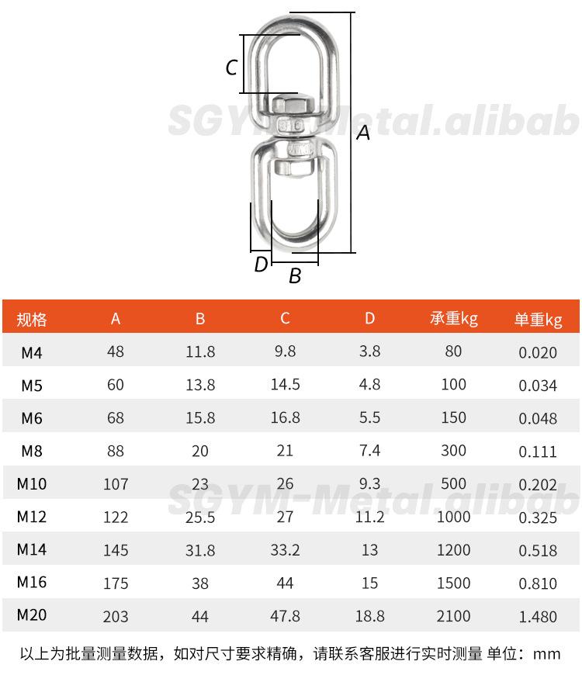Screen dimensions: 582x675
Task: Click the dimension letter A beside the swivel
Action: [x=363, y=133]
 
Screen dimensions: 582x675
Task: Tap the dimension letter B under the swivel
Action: [x=295, y=275]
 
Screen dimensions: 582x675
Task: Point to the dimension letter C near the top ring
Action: [x=231, y=67]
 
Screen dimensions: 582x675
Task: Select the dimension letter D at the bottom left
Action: [x=262, y=265]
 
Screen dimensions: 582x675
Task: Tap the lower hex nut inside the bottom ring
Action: [x=293, y=167]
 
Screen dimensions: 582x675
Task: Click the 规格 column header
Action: [x=31, y=320]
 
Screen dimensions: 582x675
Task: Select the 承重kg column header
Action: [x=453, y=319]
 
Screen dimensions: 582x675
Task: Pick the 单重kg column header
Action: [x=538, y=320]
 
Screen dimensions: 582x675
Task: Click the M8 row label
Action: [x=32, y=451]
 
